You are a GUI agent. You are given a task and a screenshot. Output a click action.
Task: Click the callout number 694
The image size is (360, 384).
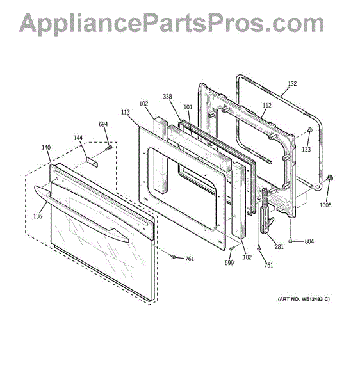pos(103,124)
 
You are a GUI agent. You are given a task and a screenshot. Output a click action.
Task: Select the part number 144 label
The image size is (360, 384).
pos(78,138)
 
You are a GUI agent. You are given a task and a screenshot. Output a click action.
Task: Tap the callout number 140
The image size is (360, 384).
pos(46,147)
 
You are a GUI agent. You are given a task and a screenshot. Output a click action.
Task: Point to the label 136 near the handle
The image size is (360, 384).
pos(38,216)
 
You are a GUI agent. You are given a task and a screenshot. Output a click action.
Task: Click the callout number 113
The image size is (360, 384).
pos(125,112)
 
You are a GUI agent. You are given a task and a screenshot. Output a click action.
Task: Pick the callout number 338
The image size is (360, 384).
pos(167,97)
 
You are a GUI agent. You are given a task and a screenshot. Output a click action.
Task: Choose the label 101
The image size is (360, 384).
pos(188,107)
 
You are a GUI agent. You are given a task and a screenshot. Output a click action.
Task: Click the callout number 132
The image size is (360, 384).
pos(292,83)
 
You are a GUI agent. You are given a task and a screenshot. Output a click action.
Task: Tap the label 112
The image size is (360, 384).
pos(267,106)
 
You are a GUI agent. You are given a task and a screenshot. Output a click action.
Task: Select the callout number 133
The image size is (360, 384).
pos(306,149)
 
